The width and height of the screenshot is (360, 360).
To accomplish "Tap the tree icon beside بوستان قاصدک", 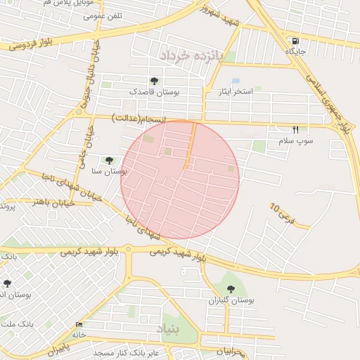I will pos(154,81).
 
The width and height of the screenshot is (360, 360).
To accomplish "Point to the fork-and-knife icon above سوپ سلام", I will pos(295,129).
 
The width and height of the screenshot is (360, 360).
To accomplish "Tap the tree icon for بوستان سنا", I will pos(109,160).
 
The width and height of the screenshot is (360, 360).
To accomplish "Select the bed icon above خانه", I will pos(78,324).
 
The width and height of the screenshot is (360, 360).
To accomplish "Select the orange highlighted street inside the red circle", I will pos(191,145).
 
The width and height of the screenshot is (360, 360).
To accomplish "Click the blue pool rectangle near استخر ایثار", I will pos(236,81).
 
